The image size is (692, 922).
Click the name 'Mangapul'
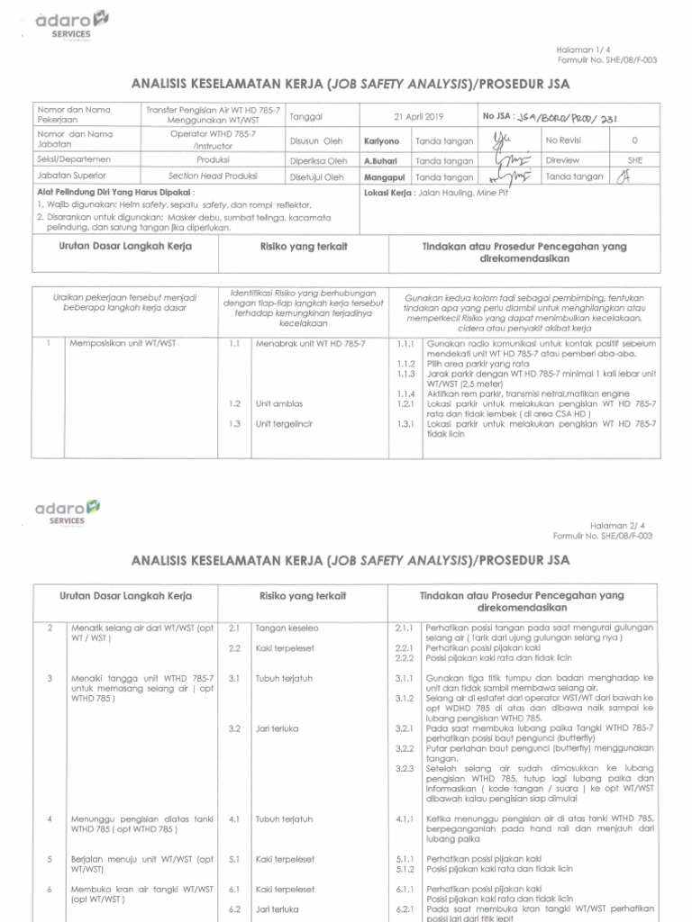pos(382,177)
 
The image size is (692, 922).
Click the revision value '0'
pos(634,141)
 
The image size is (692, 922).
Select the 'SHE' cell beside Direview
pos(634,159)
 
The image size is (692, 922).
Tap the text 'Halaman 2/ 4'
pos(621,525)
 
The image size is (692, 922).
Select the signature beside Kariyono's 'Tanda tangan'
pos(503,140)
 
